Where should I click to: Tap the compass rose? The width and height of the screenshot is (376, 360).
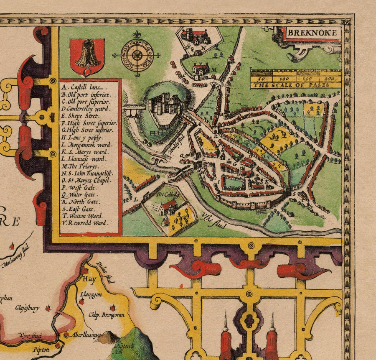tap(137, 54)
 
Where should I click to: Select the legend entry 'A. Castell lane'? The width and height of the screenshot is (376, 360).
tap(84, 87)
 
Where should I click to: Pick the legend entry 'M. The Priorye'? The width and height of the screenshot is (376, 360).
tap(80, 166)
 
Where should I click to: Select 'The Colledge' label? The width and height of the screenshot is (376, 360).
tap(168, 195)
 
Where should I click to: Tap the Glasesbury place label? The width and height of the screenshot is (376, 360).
tap(27, 308)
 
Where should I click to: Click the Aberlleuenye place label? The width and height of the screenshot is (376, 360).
tap(84, 336)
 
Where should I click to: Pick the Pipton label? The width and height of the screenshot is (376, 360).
tap(40, 350)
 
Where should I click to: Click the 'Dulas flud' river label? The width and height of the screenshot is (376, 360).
tap(105, 273)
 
